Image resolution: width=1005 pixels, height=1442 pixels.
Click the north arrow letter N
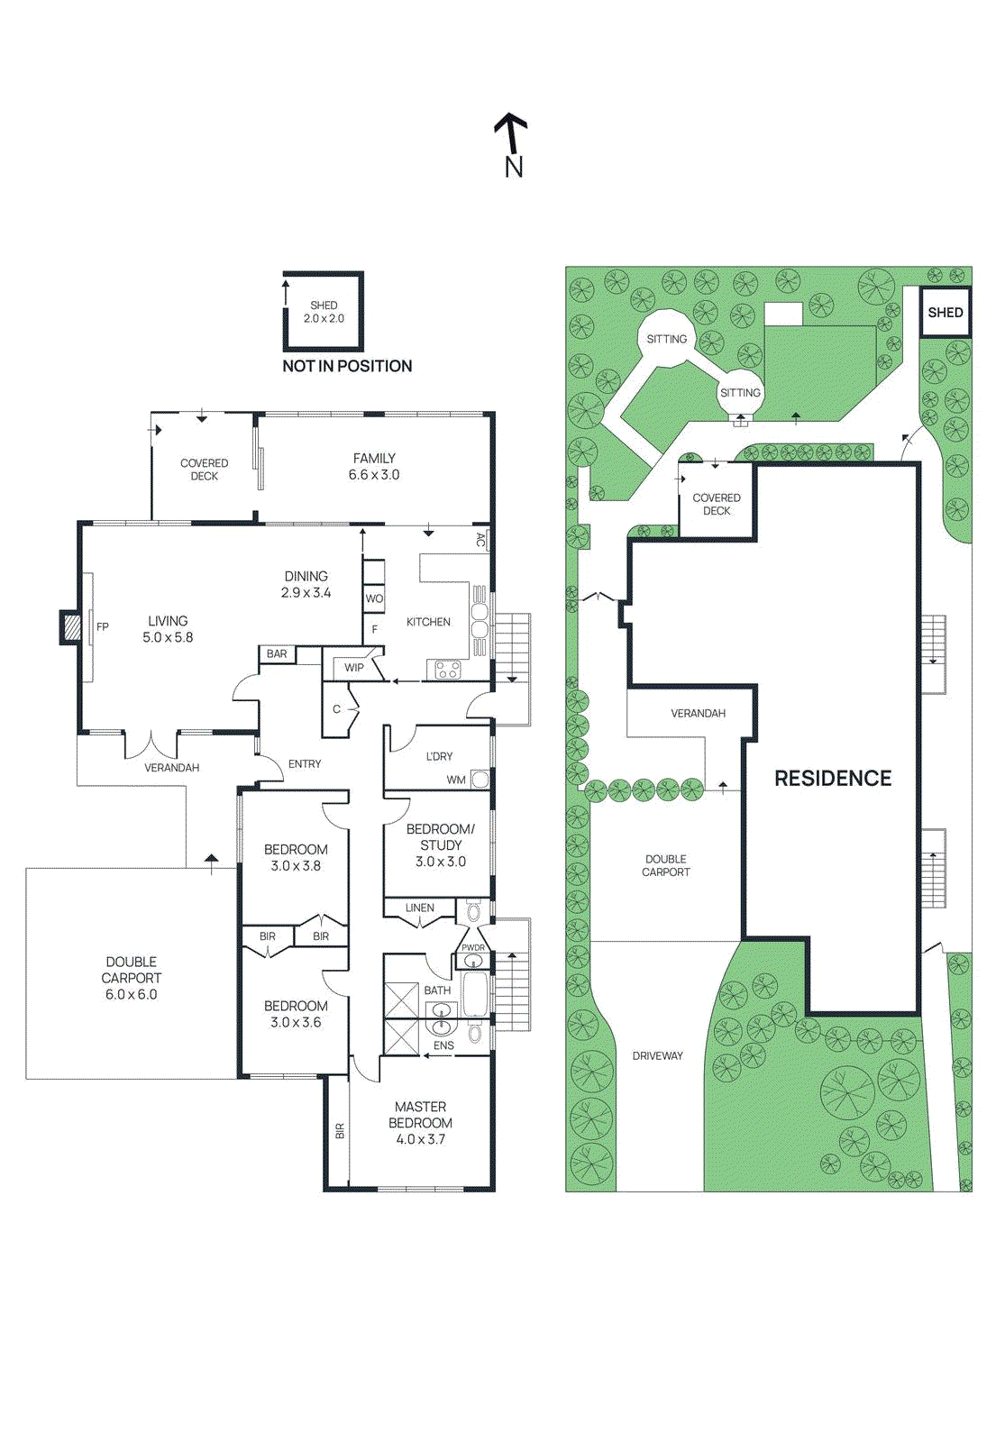click(514, 168)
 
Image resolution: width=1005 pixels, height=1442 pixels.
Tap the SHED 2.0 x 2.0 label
click(324, 312)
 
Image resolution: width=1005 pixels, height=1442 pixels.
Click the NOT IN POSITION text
click(347, 366)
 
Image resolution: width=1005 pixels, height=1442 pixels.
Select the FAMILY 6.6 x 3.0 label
click(374, 467)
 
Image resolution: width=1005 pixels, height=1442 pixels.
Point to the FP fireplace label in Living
click(103, 627)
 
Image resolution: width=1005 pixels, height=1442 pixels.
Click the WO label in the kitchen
click(374, 598)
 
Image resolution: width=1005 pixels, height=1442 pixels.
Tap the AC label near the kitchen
click(480, 540)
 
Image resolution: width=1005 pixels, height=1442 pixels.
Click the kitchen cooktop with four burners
click(448, 670)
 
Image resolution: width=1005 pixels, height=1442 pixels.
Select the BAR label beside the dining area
click(277, 654)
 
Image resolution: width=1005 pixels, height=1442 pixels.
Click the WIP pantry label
click(354, 668)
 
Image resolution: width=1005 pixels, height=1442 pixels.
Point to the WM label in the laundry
click(456, 780)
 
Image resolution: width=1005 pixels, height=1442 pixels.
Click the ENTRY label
click(305, 764)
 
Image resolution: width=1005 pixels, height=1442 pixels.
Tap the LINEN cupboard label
click(419, 908)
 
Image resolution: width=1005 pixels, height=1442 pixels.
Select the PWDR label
click(473, 948)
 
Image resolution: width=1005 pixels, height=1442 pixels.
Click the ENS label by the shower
click(443, 1046)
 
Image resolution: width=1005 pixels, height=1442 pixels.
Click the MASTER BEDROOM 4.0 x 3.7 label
click(420, 1123)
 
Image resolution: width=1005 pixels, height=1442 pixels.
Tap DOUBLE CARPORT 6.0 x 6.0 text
click(132, 978)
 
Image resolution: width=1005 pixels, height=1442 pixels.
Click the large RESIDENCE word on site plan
click(833, 779)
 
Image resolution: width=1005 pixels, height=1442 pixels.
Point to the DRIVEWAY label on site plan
click(657, 1056)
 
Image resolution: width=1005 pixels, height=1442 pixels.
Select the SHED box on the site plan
click(946, 313)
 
